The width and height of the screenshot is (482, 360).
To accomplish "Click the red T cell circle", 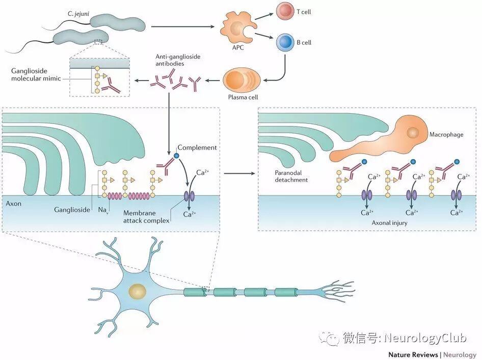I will click(x=285, y=11).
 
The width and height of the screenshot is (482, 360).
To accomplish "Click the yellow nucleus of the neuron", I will click(x=138, y=292).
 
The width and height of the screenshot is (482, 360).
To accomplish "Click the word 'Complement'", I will click(x=198, y=147).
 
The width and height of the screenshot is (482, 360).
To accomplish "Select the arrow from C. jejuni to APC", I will click(x=181, y=26).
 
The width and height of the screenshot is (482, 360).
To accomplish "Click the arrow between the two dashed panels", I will click(x=239, y=173).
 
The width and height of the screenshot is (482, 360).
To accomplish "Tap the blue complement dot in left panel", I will click(x=176, y=155).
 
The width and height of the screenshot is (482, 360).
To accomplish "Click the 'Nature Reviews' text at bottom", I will click(x=413, y=354).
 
